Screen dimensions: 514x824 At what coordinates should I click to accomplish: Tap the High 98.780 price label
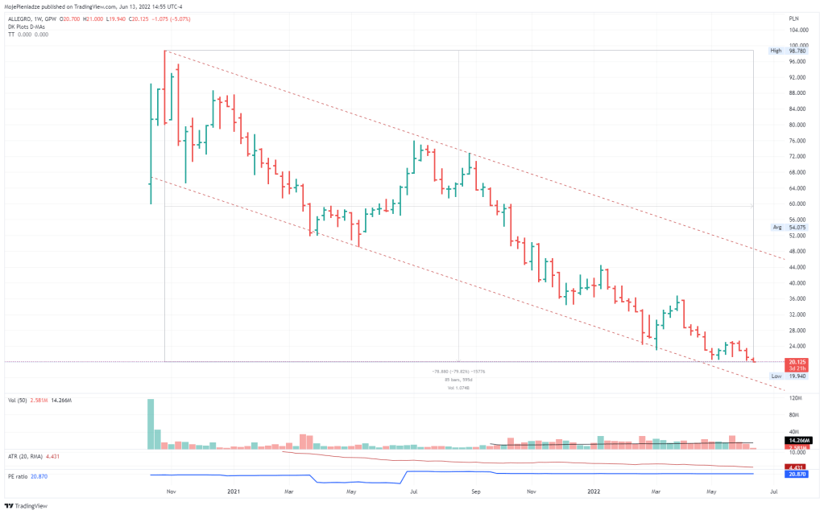point(785,50)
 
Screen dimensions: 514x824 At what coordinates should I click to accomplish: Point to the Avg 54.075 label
point(785,228)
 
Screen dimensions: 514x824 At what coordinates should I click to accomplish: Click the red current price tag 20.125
point(798,361)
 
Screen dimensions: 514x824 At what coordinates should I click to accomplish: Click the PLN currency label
point(793,17)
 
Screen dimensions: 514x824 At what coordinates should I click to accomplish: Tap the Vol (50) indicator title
point(18,399)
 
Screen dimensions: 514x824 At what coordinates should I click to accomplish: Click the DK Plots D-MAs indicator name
point(26,27)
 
